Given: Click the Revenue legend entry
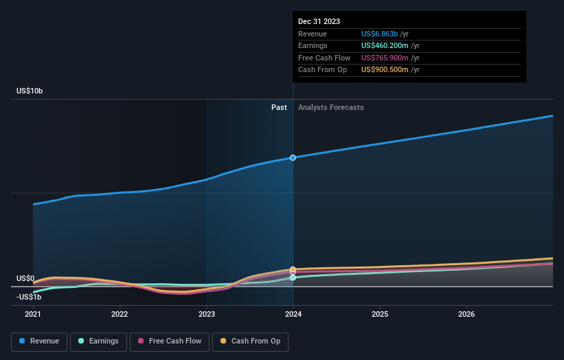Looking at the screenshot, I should [39, 341].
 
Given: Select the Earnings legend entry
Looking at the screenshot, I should [98, 341].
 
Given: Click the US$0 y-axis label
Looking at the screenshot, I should [25, 278].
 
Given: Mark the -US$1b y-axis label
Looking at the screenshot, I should [30, 296].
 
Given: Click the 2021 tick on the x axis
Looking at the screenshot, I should [33, 315].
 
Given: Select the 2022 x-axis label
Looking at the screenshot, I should [120, 315].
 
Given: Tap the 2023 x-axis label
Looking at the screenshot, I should [206, 315].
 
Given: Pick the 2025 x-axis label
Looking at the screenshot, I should [380, 315].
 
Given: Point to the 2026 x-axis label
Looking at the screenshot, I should [466, 315].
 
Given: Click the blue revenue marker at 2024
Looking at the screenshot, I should [293, 157].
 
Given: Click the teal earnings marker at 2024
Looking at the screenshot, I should [293, 278].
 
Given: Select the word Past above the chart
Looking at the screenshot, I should [279, 107].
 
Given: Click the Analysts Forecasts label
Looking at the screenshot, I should [330, 107].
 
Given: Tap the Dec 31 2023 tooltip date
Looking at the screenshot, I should [319, 22].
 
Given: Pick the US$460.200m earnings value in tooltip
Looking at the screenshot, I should [390, 46].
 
